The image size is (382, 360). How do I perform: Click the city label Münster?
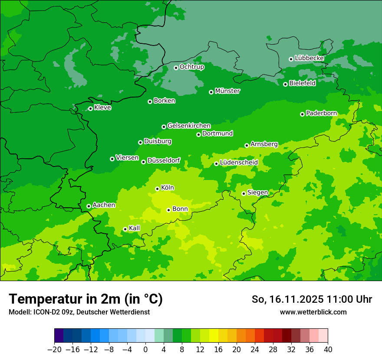[x=227, y=91]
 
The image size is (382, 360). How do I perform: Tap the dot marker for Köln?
[x=157, y=189]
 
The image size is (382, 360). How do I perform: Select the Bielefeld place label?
[x=302, y=83]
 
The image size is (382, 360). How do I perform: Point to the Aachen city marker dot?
[x=89, y=206]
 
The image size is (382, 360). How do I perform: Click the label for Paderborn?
[x=321, y=113]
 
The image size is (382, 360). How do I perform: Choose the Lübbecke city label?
[x=309, y=58]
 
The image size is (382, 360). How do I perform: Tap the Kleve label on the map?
[x=102, y=108]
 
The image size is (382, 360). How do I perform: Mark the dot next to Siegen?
[x=244, y=193]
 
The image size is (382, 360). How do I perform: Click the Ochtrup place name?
[x=192, y=67]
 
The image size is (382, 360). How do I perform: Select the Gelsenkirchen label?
[x=189, y=126]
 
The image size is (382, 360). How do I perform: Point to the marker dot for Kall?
[x=125, y=229]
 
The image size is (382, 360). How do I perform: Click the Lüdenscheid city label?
[x=239, y=163]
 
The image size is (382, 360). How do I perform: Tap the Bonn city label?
[x=180, y=209]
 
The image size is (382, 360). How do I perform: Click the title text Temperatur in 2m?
[x=86, y=299]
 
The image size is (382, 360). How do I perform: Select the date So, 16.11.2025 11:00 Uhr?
[x=312, y=299]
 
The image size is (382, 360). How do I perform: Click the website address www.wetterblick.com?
[x=313, y=312]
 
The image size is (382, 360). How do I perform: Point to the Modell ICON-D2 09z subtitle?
[x=79, y=312]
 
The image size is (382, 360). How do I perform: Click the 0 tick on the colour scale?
[x=145, y=350]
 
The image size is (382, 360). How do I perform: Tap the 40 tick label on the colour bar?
[x=328, y=350]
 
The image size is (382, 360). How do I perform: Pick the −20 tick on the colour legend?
[x=54, y=350]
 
